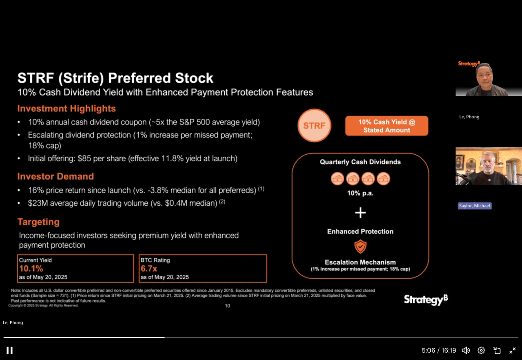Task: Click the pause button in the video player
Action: click(x=9, y=350)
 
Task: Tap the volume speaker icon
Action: click(x=466, y=350)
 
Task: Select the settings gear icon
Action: click(x=481, y=350)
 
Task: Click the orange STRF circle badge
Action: click(x=314, y=125)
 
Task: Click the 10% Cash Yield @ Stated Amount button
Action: click(x=387, y=126)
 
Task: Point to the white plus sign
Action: click(x=360, y=213)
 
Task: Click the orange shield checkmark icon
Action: click(x=360, y=246)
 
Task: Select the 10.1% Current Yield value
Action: click(x=31, y=269)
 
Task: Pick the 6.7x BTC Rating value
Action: click(x=149, y=269)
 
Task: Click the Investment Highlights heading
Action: click(x=66, y=109)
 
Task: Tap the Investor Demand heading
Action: click(x=55, y=176)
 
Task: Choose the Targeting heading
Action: click(x=38, y=222)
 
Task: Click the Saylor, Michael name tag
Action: click(x=475, y=206)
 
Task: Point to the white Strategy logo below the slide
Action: click(x=426, y=299)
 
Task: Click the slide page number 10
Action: click(x=228, y=306)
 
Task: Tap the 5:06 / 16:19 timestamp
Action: click(x=439, y=350)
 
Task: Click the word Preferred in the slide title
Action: click(x=139, y=78)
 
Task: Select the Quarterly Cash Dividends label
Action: click(x=360, y=162)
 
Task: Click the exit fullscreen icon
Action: click(x=513, y=350)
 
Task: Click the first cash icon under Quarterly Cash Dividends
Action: click(x=337, y=179)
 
